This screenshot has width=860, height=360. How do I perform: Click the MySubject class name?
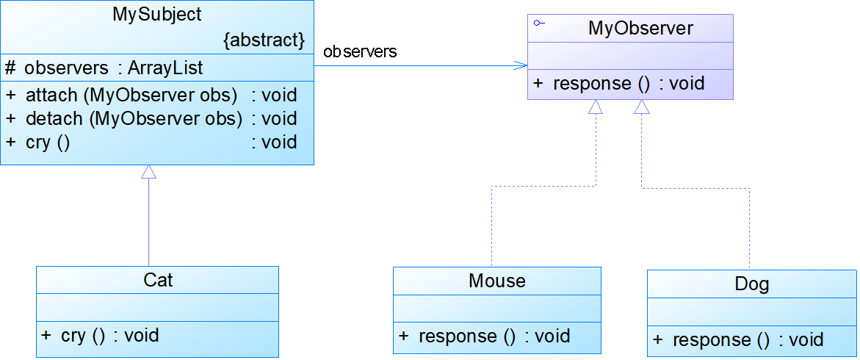click(x=157, y=14)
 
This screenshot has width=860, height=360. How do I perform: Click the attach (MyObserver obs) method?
click(x=131, y=95)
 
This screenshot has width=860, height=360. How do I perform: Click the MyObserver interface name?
click(x=640, y=29)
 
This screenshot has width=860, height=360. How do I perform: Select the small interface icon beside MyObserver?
click(x=539, y=24)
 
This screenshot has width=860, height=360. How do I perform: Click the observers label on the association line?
click(x=360, y=51)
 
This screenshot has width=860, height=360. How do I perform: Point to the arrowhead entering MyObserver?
click(x=521, y=65)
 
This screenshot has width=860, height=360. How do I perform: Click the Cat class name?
click(x=158, y=280)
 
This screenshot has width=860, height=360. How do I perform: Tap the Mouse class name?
click(x=497, y=281)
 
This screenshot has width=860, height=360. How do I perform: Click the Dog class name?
click(x=752, y=284)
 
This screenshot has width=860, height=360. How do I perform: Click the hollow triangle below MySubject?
click(x=149, y=172)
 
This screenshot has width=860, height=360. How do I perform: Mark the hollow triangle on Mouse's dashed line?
click(x=596, y=107)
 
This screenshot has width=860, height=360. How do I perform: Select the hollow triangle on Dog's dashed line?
click(x=642, y=107)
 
